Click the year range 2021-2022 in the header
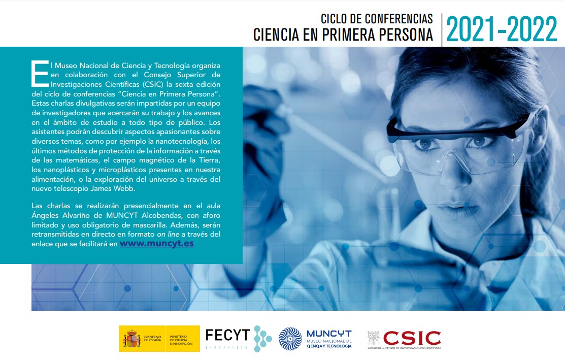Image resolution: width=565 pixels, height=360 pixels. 502,29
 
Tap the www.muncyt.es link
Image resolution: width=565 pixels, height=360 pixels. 157,244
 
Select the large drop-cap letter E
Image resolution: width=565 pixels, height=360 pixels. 40,74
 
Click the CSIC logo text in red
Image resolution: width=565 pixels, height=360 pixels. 412,338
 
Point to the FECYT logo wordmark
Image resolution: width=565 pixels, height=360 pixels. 227,335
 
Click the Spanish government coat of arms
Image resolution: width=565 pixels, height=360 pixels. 131,339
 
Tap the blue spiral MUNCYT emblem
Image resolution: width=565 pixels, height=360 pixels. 290,339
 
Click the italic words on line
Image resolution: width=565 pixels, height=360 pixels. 168,234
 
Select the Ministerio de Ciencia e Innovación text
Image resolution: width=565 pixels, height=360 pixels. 181,340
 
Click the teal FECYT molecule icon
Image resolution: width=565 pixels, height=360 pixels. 262,339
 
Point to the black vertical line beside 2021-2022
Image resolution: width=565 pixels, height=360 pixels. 442,30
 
